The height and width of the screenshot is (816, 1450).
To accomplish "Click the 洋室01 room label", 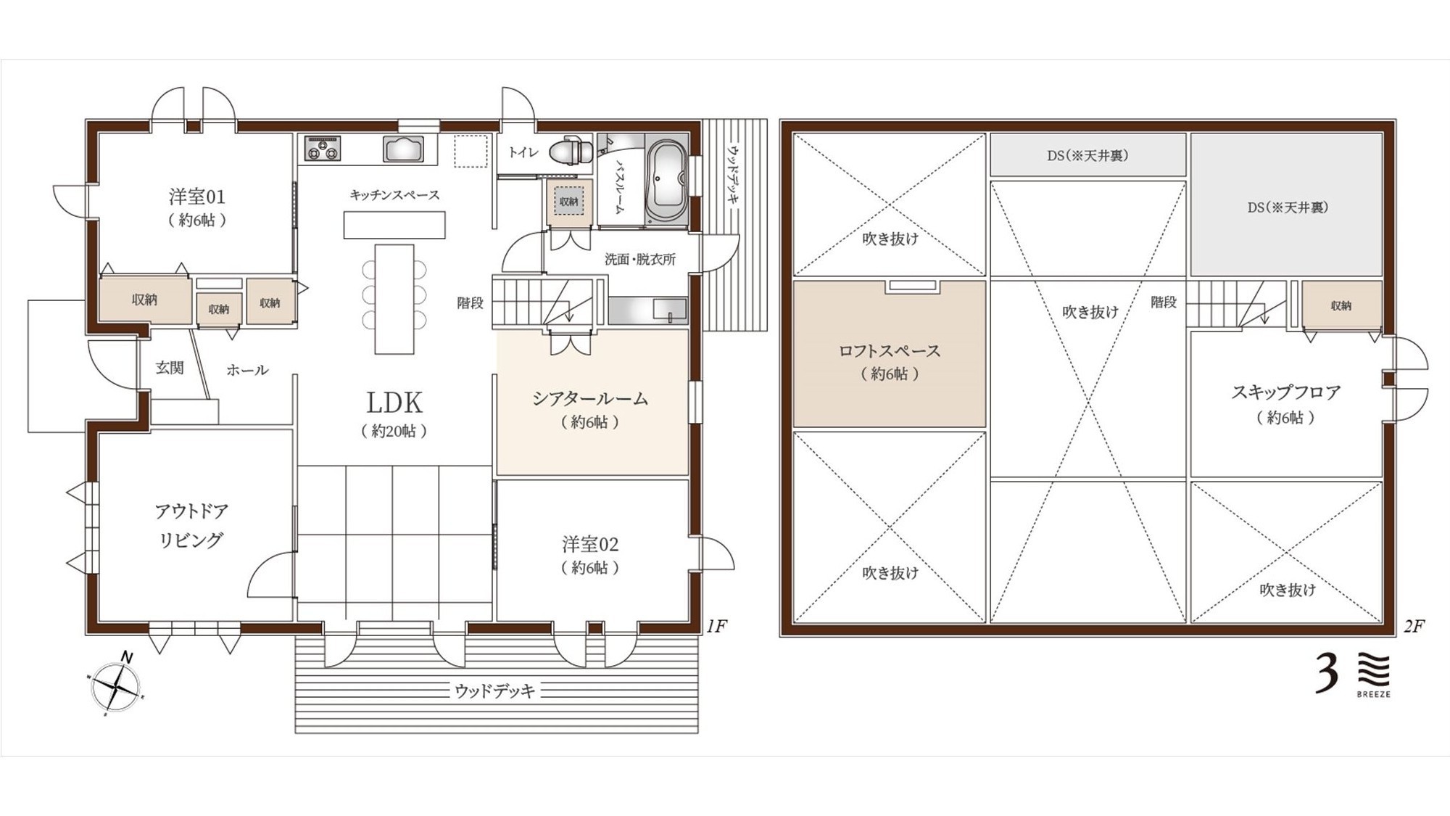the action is (x=197, y=197).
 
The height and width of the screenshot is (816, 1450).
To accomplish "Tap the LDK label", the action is (x=394, y=402).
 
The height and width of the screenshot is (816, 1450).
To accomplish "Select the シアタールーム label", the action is (x=590, y=398).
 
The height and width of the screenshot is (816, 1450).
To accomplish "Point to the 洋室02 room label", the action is (x=590, y=544).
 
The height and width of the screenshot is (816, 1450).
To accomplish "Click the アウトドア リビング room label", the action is (x=191, y=525).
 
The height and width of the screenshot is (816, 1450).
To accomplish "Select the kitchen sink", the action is (x=404, y=149).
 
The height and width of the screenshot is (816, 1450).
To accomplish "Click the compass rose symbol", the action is (x=116, y=685).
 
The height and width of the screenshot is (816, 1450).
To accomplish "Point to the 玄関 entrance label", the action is (x=170, y=368).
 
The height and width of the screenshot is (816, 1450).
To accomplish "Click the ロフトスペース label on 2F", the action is (x=890, y=351).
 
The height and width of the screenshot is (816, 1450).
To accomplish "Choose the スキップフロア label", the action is (x=1286, y=392).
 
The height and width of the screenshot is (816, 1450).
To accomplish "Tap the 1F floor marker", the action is (x=716, y=626).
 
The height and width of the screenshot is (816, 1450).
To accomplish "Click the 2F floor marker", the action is (x=1414, y=626).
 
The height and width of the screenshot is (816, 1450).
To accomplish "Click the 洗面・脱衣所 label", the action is (x=640, y=259).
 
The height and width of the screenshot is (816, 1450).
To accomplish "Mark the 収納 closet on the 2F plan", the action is (x=1341, y=305).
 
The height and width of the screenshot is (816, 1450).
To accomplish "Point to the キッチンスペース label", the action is (x=394, y=194).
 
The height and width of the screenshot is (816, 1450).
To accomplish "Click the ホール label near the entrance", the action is (x=247, y=370).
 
